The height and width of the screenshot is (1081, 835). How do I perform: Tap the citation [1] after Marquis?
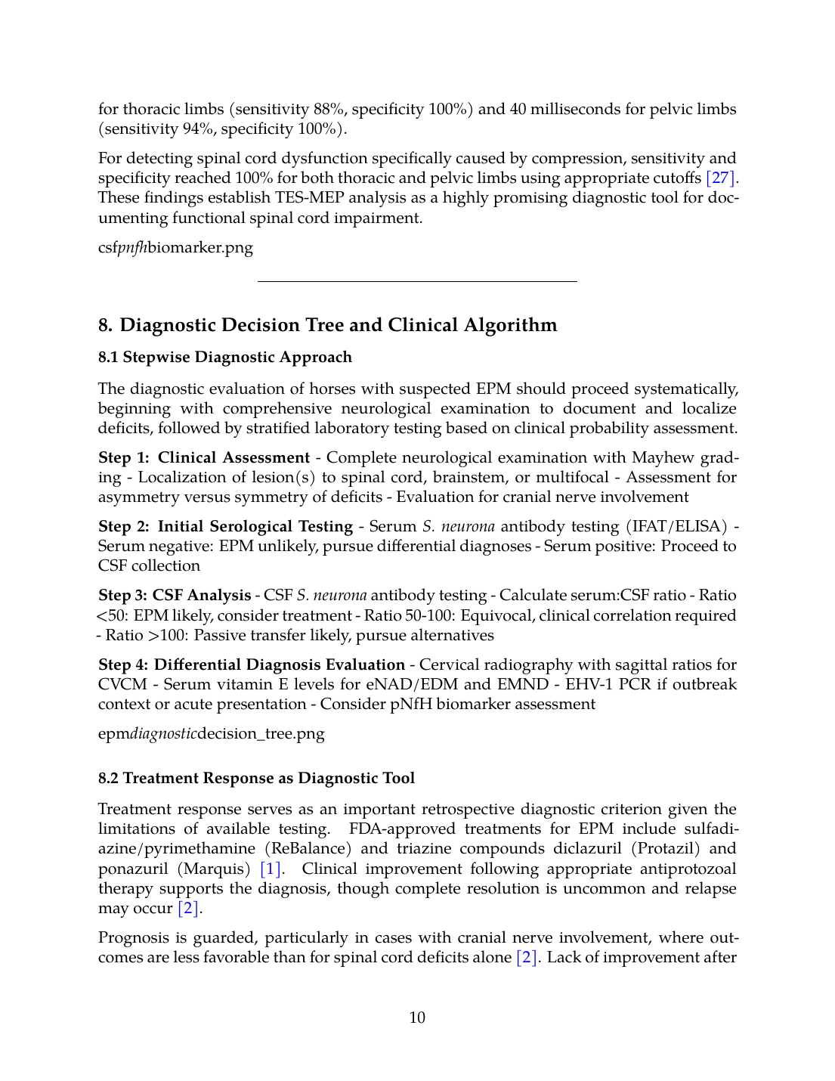(x=271, y=869)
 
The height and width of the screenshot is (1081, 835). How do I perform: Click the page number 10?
(x=417, y=1018)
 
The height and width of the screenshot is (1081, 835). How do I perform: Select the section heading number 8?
(x=105, y=325)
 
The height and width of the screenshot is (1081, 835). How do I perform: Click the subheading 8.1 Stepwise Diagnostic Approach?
(x=225, y=358)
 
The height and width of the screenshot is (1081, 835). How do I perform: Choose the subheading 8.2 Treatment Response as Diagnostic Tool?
(x=256, y=779)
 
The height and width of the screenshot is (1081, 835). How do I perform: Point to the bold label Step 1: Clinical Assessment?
(x=204, y=458)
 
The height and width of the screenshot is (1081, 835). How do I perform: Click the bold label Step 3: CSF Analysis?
(x=175, y=596)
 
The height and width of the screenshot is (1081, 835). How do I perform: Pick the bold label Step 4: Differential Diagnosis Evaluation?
(x=252, y=664)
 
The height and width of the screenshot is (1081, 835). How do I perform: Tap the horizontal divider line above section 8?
(x=417, y=281)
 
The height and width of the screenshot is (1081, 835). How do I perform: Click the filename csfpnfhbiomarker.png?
(x=175, y=248)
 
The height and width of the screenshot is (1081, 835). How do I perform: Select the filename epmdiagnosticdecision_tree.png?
(x=212, y=734)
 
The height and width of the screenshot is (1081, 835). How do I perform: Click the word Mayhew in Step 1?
(x=663, y=458)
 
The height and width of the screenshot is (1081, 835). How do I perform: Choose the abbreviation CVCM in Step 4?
(x=122, y=685)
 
